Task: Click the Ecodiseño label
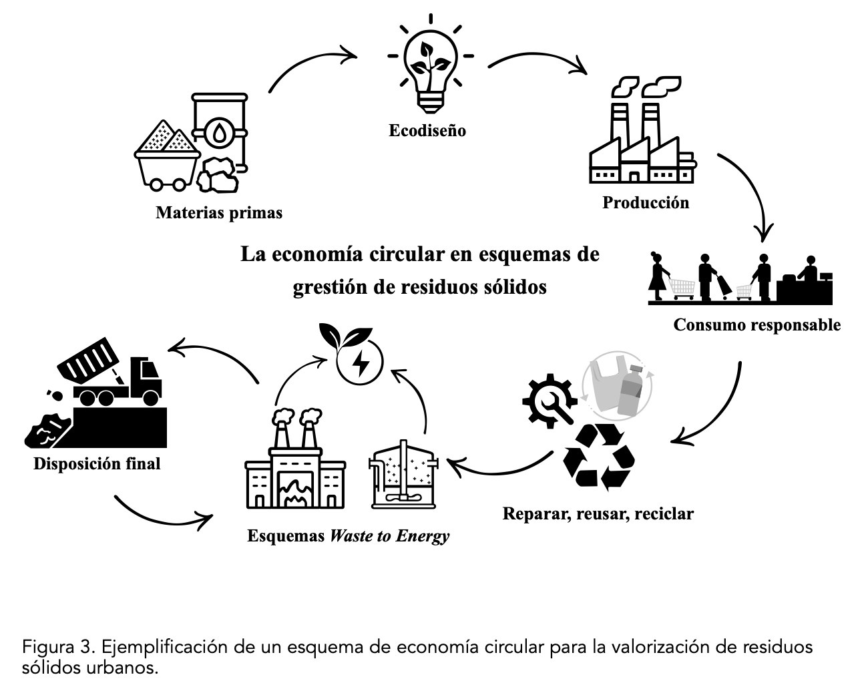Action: click(427, 130)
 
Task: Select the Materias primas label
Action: click(219, 213)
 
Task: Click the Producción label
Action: click(645, 202)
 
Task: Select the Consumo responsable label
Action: click(757, 325)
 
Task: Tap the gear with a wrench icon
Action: click(550, 399)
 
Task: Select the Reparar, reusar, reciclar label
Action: click(598, 514)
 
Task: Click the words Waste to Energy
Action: click(389, 536)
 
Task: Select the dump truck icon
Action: click(114, 377)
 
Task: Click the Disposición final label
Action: click(97, 463)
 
